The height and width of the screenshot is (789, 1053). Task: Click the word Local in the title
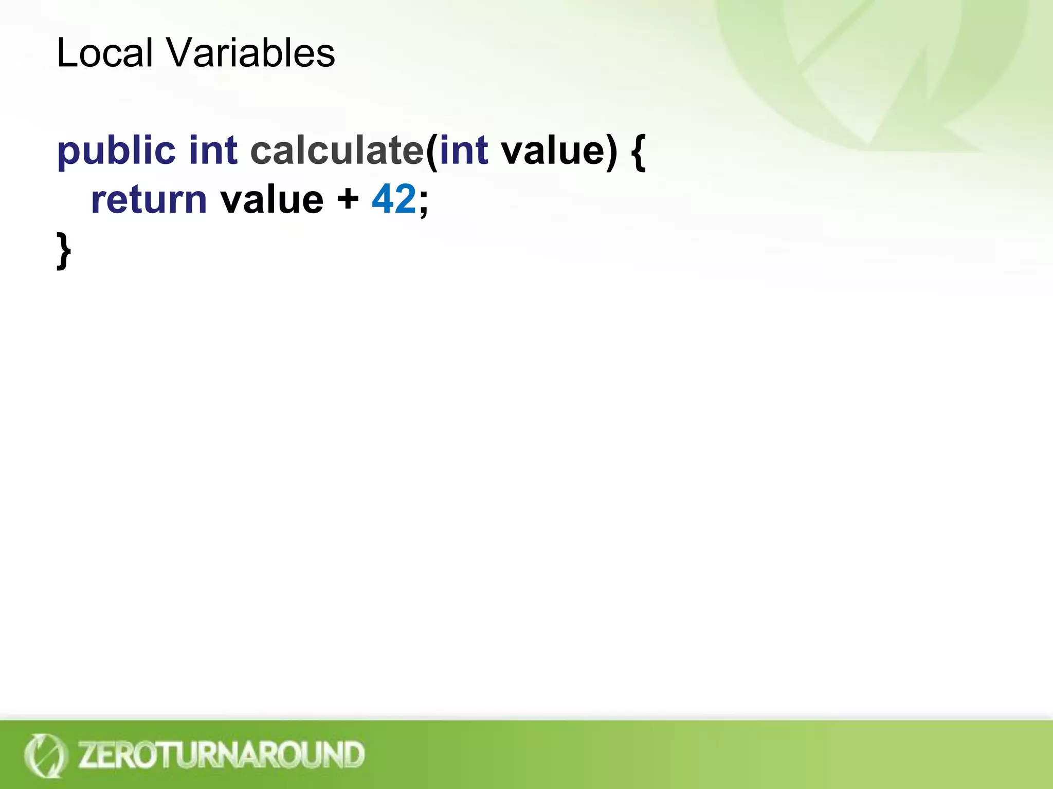[104, 53]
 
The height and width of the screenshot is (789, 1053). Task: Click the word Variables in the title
[250, 53]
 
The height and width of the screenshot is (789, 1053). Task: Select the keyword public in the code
[116, 151]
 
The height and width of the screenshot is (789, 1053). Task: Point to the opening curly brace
[638, 152]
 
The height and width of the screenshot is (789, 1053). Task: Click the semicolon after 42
[423, 201]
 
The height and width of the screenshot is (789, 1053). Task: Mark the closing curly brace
[63, 250]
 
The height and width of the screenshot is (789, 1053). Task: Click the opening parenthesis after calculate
[431, 152]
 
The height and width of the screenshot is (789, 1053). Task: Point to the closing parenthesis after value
[611, 152]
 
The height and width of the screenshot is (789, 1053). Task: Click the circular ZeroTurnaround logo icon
[45, 755]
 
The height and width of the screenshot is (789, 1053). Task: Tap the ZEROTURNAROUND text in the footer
[222, 755]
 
